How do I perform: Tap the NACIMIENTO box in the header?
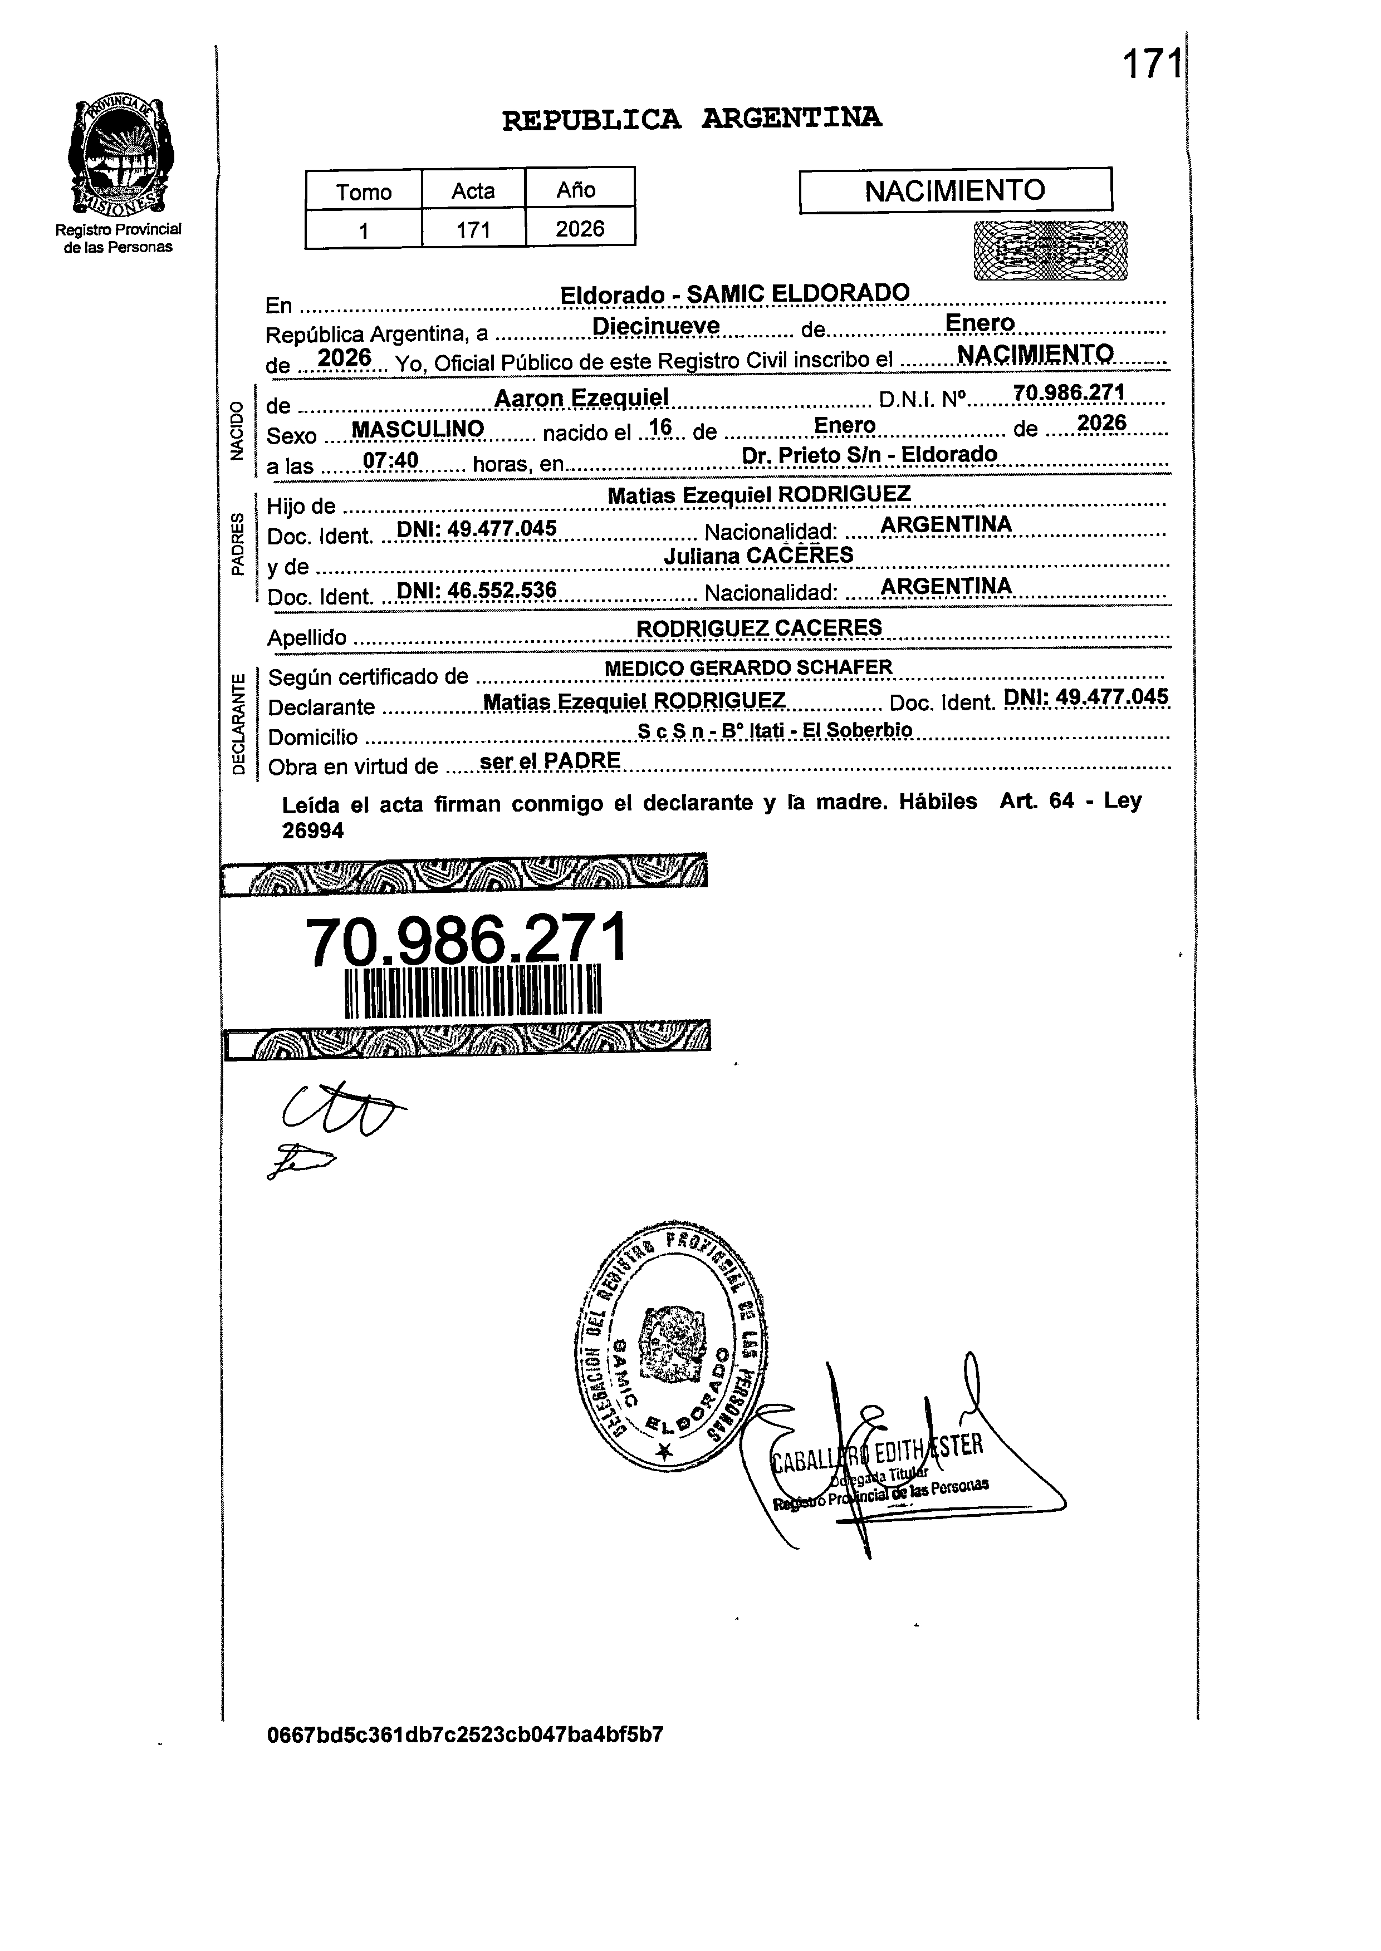pos(955,190)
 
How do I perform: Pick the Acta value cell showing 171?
pos(473,229)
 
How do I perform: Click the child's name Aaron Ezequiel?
pos(582,397)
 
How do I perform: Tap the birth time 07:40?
pos(390,460)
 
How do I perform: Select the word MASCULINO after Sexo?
pos(418,429)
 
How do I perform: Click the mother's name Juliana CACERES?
pos(758,555)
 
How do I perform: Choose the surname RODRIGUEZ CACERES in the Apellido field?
pos(758,627)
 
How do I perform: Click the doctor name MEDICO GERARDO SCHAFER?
pos(748,667)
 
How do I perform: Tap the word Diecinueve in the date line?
pos(655,326)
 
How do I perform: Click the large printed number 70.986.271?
pos(466,940)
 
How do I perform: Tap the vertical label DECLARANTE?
pos(239,723)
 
